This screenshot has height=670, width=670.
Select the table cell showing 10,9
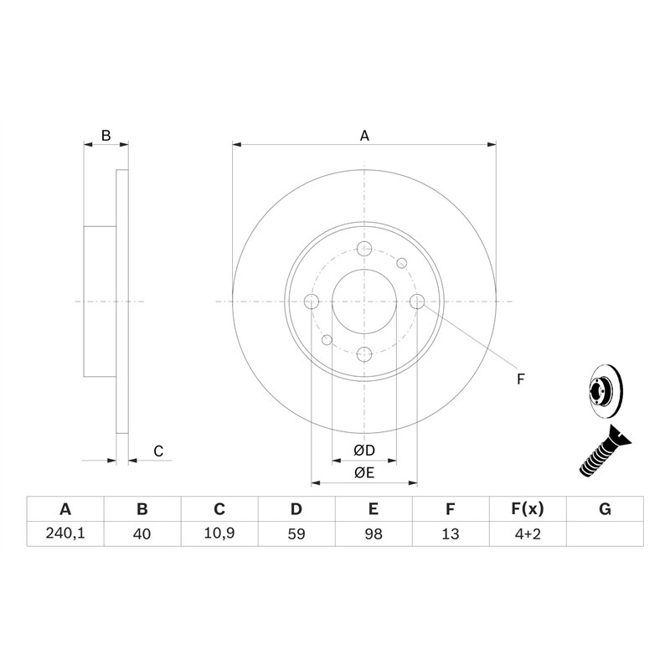[219, 533]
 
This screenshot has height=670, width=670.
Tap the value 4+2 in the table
[528, 533]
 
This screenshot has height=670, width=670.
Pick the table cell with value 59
[296, 533]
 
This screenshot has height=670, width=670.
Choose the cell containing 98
[374, 533]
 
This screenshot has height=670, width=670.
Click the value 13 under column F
[451, 533]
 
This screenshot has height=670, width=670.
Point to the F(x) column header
[528, 509]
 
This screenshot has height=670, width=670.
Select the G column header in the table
[605, 509]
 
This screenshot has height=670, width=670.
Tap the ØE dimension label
[363, 473]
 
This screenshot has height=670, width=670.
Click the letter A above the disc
[364, 135]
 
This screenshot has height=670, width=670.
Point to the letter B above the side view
[106, 135]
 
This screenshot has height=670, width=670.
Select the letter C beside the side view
[157, 451]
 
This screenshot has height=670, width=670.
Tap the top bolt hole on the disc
[364, 249]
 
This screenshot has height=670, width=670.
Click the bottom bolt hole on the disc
[364, 353]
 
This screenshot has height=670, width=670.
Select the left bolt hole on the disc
[312, 301]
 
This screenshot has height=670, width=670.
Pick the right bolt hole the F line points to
[416, 301]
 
